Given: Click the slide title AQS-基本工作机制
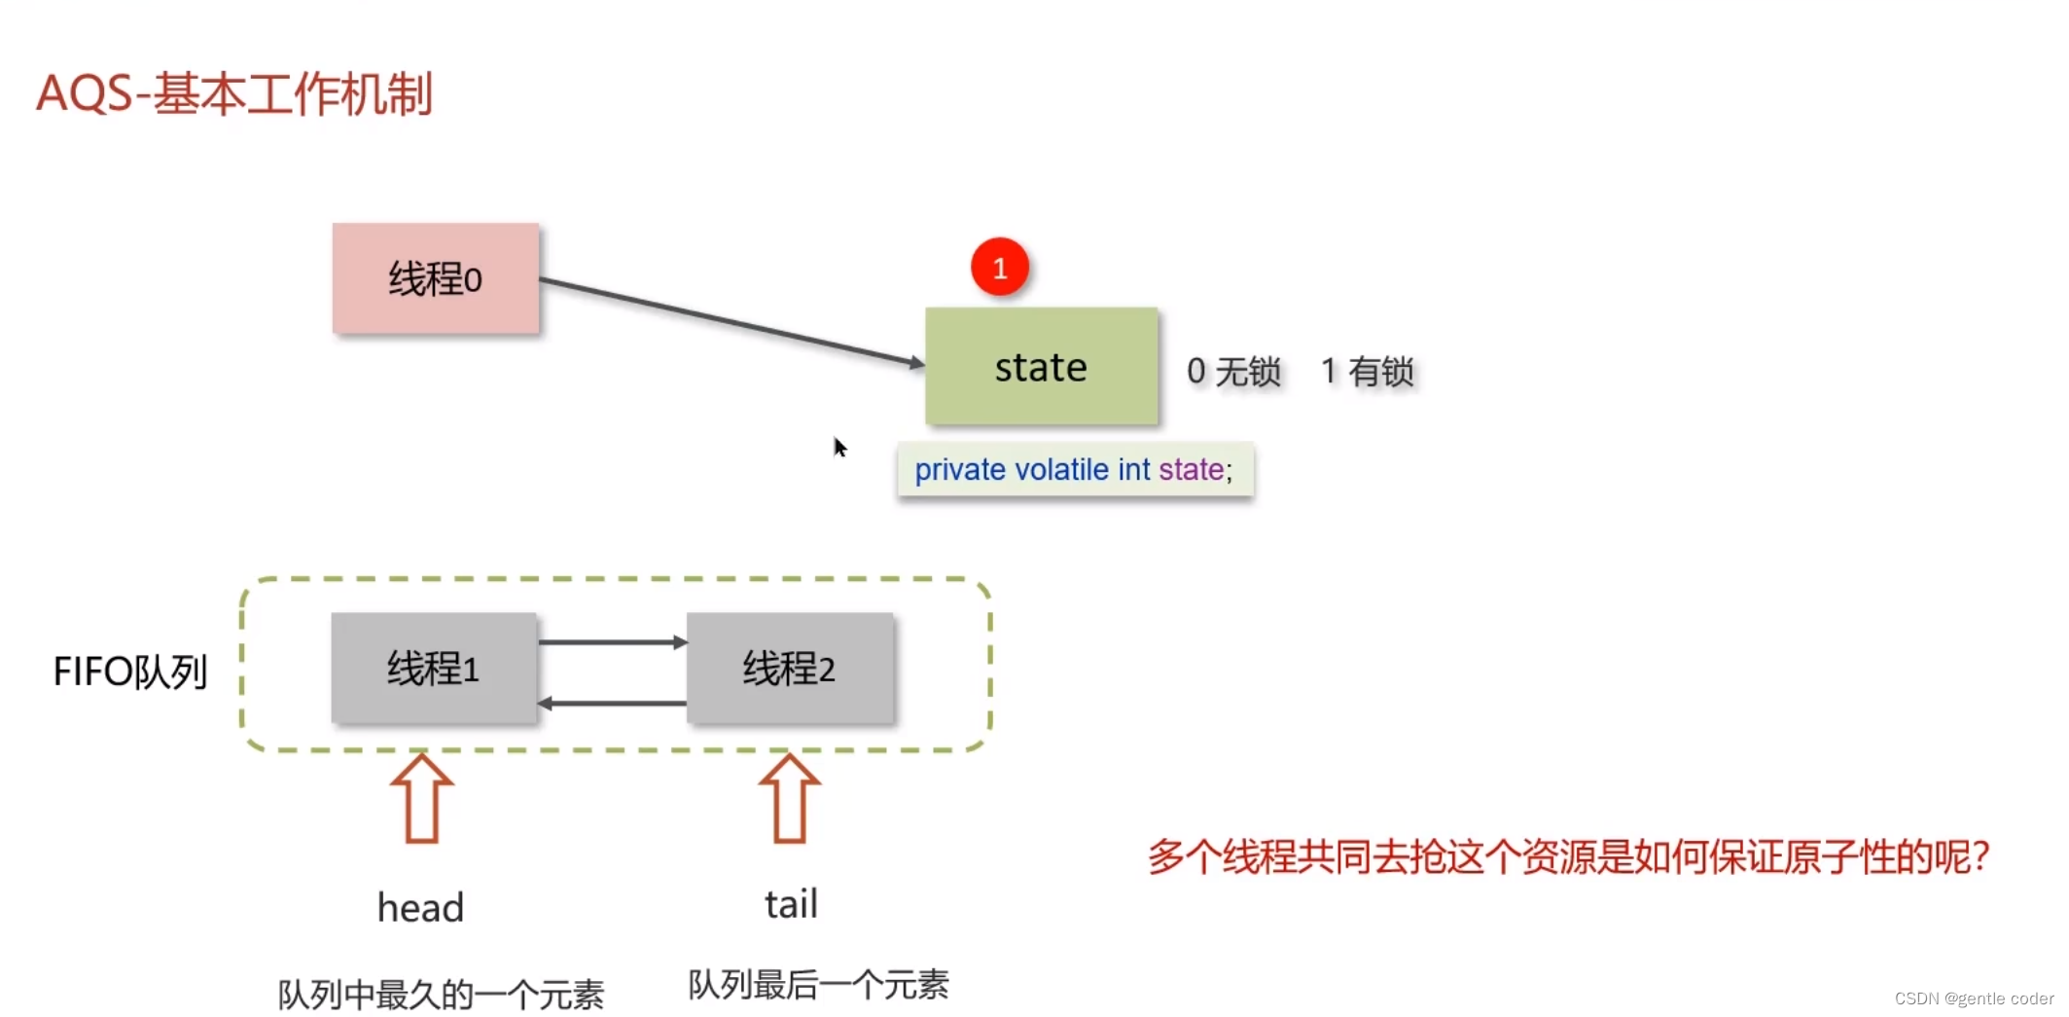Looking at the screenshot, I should click(234, 94).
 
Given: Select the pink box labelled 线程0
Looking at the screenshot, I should click(435, 279).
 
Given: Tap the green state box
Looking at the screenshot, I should click(1041, 367).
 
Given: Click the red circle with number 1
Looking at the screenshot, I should click(999, 268).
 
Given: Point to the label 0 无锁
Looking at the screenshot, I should click(1233, 372).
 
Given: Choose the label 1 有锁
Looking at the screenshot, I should click(1367, 372).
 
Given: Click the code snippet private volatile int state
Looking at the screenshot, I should click(1074, 470).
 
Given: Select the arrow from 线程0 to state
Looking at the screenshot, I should click(730, 322).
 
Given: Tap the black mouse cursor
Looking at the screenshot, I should click(840, 448).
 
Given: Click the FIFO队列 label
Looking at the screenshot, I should click(130, 672).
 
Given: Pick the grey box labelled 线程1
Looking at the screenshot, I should click(433, 669).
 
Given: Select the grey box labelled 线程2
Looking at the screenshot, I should click(789, 669).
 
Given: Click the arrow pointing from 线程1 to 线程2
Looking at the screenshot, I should click(612, 642).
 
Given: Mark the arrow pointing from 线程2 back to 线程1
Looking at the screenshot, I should click(612, 703).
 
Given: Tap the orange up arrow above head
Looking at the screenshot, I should click(421, 799).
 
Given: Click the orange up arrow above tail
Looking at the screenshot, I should click(789, 799).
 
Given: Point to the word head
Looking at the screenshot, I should click(420, 908).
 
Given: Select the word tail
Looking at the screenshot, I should click(791, 904).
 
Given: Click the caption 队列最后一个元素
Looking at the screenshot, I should click(818, 985).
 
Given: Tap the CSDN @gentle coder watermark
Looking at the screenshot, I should click(1974, 999).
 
